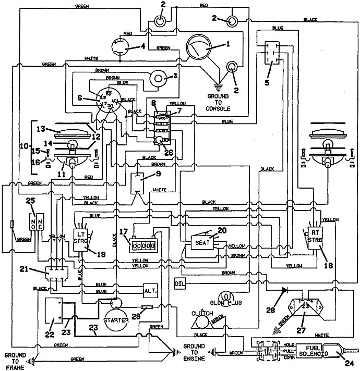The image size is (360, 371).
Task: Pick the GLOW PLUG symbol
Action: pos(227,298)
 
